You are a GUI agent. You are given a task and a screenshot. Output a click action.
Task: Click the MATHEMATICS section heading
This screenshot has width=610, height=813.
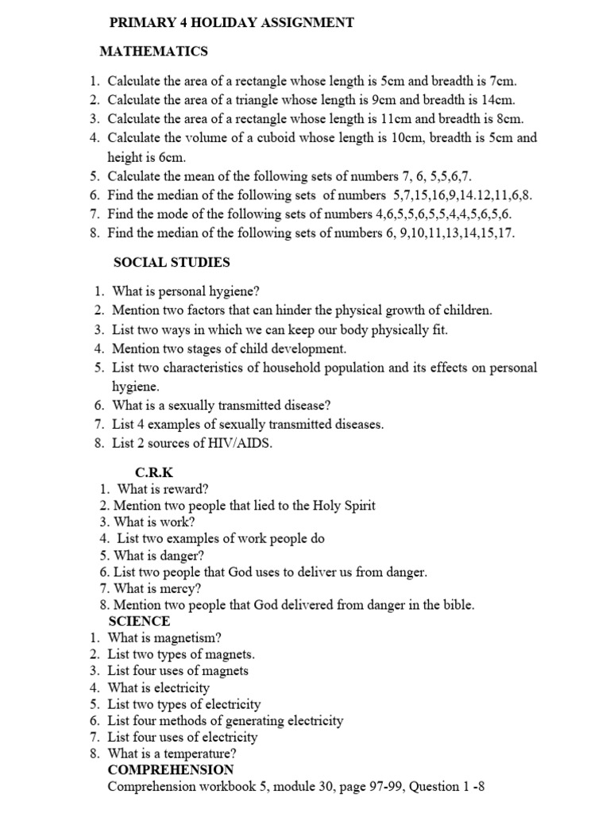(x=153, y=52)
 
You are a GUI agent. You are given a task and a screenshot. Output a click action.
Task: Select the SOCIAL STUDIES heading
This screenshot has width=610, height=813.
(x=172, y=262)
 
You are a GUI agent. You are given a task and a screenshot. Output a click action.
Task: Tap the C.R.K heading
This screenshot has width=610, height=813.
(x=153, y=472)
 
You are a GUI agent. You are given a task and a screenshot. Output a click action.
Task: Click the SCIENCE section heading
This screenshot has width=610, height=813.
(x=139, y=621)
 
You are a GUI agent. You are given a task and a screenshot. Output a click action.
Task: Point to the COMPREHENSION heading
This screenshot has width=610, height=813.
(x=171, y=769)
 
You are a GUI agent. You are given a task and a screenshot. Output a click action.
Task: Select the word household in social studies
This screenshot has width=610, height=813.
(x=294, y=368)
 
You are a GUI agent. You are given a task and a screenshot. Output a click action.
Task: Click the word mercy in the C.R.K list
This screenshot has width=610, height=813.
(x=182, y=588)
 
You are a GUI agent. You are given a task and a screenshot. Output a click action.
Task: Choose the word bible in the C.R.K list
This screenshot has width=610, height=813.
(x=454, y=605)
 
